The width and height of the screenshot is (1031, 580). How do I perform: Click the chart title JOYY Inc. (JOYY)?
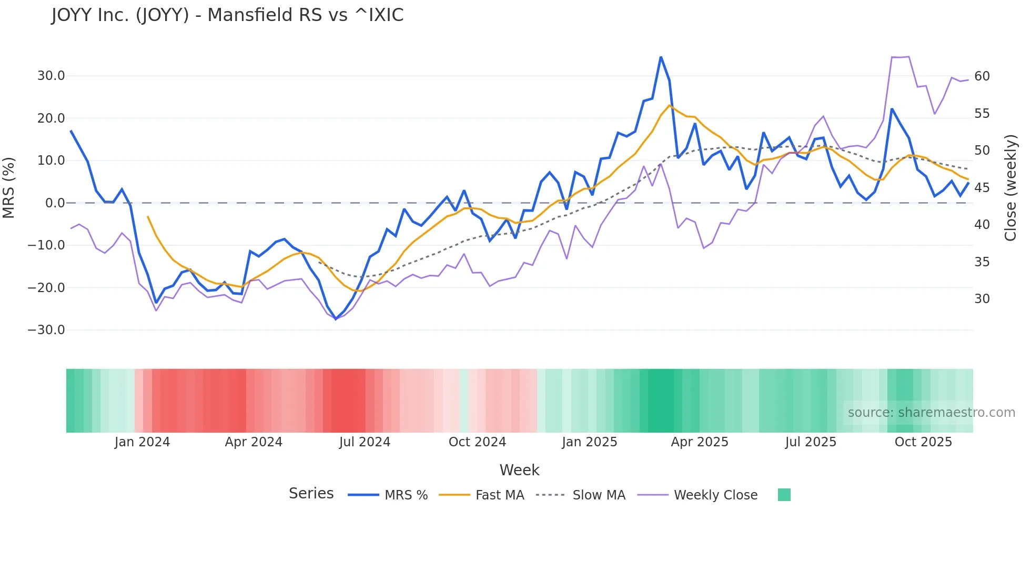click(227, 15)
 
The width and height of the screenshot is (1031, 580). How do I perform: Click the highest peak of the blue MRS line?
click(661, 57)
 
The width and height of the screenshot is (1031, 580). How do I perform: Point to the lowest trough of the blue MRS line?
click(336, 319)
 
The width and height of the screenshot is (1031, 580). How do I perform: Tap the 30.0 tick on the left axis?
click(51, 76)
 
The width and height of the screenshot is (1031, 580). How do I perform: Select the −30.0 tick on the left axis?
click(46, 330)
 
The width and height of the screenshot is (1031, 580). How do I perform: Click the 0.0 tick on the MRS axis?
click(55, 203)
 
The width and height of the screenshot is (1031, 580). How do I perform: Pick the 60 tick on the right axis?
click(982, 76)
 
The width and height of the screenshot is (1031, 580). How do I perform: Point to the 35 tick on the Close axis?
click(982, 262)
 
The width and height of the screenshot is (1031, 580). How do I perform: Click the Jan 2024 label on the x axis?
click(142, 442)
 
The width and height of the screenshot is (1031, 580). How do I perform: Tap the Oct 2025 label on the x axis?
click(923, 442)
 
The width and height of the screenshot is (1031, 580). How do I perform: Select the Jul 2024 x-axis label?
click(365, 442)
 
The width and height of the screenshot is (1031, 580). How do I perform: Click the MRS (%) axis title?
click(9, 188)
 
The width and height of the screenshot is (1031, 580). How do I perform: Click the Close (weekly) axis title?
click(1010, 188)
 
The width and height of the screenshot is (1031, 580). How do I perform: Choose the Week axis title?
click(519, 470)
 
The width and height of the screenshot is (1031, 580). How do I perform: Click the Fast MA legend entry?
click(499, 495)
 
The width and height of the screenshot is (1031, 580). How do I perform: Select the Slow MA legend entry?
click(599, 495)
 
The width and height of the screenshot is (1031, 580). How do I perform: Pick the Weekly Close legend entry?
click(715, 495)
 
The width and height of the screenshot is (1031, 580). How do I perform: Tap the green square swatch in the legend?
click(784, 495)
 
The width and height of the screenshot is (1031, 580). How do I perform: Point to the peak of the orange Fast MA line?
click(670, 105)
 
